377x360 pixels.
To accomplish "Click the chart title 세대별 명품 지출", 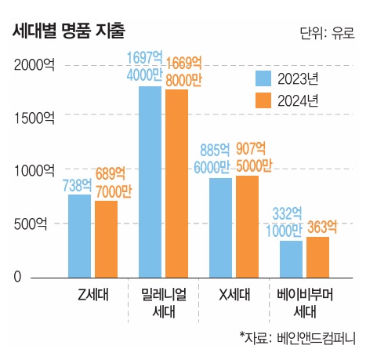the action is [69, 31].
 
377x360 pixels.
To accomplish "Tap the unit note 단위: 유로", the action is [328, 34].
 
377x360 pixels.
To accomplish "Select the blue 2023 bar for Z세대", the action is [80, 236].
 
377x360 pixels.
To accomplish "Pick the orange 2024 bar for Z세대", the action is [106, 239].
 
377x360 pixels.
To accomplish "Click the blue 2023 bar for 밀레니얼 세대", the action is [150, 182].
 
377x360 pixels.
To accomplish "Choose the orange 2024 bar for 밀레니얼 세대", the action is [176, 184].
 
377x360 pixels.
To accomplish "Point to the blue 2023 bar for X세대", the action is [221, 227].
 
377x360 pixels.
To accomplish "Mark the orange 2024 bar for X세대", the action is [247, 227].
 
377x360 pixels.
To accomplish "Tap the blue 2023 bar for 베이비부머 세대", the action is [292, 259].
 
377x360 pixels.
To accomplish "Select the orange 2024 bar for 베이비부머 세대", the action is [317, 257].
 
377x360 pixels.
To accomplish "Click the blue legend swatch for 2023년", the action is [263, 78].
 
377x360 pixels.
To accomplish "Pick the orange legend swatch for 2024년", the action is [263, 100].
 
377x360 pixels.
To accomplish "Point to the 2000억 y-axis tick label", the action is [34, 64].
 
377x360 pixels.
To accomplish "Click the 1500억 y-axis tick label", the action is [34, 118].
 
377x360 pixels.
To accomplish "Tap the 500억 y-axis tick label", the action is [31, 224].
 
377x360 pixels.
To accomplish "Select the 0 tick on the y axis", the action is [17, 277].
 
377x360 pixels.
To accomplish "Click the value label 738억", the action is [77, 185].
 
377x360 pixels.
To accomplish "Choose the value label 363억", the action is [322, 227].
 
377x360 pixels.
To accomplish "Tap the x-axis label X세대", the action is [234, 295].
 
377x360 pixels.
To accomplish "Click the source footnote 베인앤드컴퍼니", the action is [316, 338].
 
